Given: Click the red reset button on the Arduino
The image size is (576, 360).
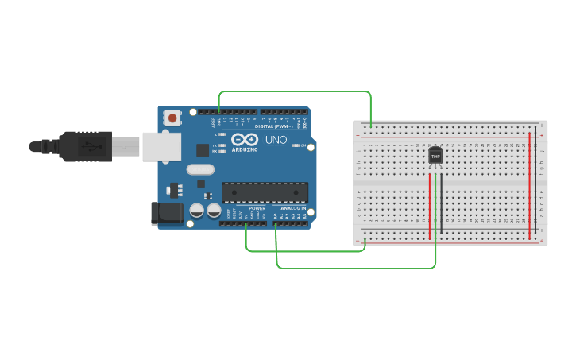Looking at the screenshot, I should (172, 118).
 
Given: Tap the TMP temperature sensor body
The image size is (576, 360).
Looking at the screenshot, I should (435, 156).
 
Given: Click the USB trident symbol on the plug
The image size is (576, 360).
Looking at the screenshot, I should (89, 146).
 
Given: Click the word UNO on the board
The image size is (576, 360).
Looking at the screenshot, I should (276, 140).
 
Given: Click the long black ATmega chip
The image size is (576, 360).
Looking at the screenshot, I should (265, 192).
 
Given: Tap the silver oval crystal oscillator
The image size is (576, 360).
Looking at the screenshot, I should (200, 169).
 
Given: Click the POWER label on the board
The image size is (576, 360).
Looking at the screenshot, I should (257, 208).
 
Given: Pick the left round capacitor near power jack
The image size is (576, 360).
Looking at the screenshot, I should (196, 211).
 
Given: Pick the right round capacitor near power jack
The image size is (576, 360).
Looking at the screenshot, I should (214, 211).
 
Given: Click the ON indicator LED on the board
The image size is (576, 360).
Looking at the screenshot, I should (296, 145).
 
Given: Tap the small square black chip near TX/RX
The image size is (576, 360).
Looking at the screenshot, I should (203, 149).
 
